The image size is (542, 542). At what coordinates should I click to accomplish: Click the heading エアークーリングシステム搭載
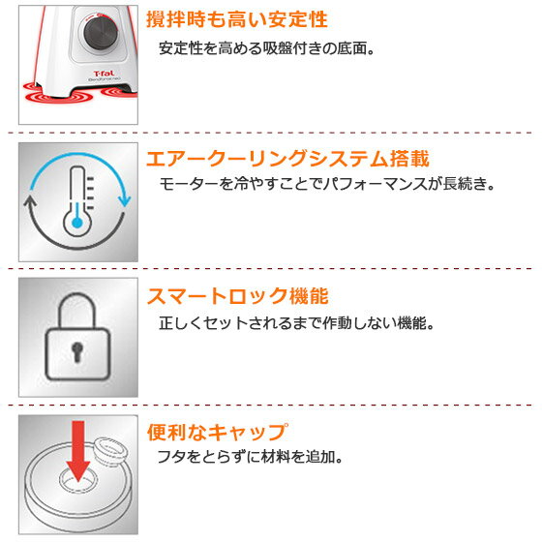click(x=286, y=159)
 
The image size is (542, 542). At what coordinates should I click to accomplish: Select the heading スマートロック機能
click(x=243, y=295)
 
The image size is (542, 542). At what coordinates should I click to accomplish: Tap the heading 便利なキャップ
click(x=216, y=432)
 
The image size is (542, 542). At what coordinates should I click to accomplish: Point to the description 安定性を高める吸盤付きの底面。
click(x=266, y=47)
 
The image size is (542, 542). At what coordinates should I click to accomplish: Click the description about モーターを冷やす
click(x=326, y=182)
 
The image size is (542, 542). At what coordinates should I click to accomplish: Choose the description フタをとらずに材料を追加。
click(x=252, y=457)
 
